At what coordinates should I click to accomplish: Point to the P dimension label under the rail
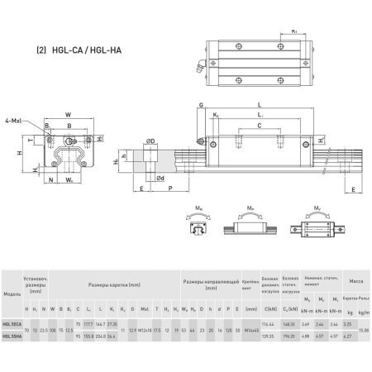(169, 188)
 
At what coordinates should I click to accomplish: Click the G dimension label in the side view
(200, 105)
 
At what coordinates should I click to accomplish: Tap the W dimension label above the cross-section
(68, 115)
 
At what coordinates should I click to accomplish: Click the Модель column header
(12, 293)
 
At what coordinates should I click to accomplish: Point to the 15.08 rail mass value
(363, 330)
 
